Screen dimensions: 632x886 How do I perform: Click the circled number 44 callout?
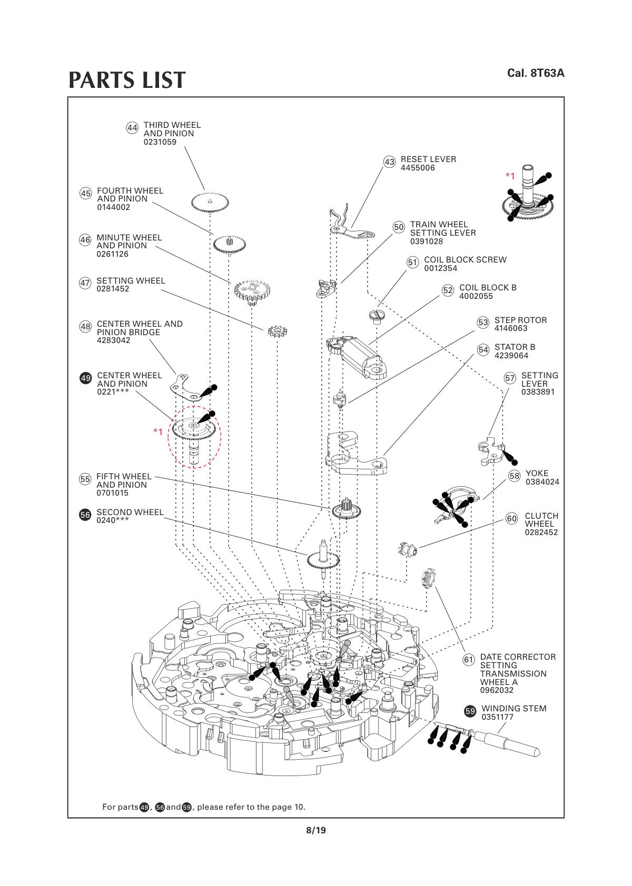(132, 128)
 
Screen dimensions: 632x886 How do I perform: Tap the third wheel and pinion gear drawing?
(210, 203)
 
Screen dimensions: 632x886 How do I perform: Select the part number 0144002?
(114, 207)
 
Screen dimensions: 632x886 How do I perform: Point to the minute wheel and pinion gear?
(252, 291)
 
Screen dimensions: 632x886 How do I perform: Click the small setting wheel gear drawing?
(277, 331)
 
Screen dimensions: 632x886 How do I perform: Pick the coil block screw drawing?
(377, 316)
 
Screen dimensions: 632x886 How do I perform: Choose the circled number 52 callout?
(448, 290)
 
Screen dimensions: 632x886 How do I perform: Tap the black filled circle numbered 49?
(85, 378)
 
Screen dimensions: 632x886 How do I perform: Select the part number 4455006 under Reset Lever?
(417, 168)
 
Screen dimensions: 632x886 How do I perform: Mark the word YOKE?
(537, 473)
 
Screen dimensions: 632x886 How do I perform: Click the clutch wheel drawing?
(408, 549)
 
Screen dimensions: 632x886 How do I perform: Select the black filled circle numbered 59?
(470, 711)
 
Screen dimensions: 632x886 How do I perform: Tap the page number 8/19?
(316, 830)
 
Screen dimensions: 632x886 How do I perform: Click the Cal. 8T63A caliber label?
(536, 73)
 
